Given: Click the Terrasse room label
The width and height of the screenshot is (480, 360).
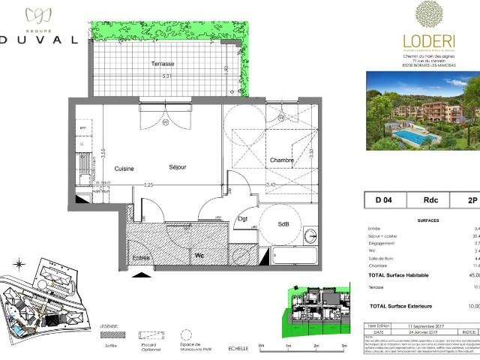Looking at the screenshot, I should click(162, 64).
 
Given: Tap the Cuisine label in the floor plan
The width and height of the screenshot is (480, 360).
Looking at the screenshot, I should click(124, 169).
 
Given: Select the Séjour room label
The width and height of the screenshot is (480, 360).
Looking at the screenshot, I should click(177, 167).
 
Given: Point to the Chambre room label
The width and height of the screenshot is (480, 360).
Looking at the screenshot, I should click(281, 159).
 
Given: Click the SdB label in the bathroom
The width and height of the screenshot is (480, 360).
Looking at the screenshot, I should click(284, 203).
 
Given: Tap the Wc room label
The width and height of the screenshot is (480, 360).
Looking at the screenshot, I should click(199, 255).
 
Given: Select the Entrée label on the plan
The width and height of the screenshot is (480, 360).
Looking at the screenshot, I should click(141, 257).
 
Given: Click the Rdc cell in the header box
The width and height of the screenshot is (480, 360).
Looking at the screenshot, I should click(431, 200).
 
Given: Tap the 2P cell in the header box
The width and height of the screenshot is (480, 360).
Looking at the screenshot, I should click(472, 200).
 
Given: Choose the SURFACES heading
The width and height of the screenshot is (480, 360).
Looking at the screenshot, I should click(427, 221).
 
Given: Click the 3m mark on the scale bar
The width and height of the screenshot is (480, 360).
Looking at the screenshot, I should click(344, 346).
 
